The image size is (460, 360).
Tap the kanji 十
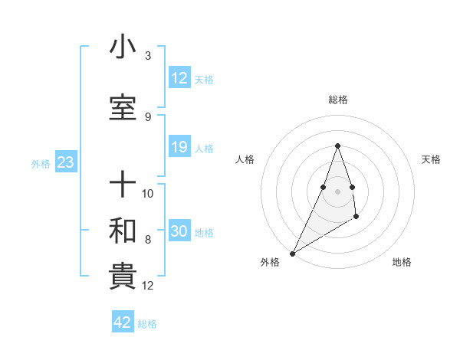click(123, 185)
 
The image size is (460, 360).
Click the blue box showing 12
click(179, 78)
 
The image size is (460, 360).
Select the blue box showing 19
click(179, 147)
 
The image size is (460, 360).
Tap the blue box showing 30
click(179, 231)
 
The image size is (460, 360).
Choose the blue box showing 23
click(65, 162)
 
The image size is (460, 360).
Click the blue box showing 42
click(123, 322)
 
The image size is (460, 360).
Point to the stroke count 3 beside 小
click(148, 56)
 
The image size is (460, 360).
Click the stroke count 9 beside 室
click(148, 116)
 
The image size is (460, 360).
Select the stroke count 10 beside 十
click(149, 193)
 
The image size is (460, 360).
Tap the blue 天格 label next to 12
click(204, 80)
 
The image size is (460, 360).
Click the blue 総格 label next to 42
click(147, 324)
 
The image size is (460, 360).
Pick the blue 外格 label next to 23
click(41, 163)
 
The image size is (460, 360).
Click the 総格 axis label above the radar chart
click(338, 100)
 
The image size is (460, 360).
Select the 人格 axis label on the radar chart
click(245, 159)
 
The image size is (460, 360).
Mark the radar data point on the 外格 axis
click(292, 253)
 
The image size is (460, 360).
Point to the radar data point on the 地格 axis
click(356, 218)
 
